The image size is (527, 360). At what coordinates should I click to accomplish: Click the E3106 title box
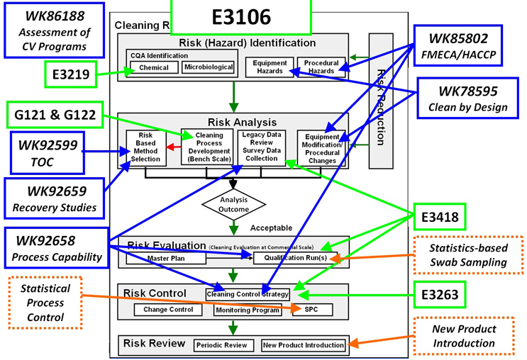click(240, 17)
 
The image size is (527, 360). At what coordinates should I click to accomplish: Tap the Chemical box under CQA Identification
click(154, 68)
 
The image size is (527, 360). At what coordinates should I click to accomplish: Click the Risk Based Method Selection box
click(145, 148)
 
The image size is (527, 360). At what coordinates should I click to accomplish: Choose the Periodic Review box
click(222, 345)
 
